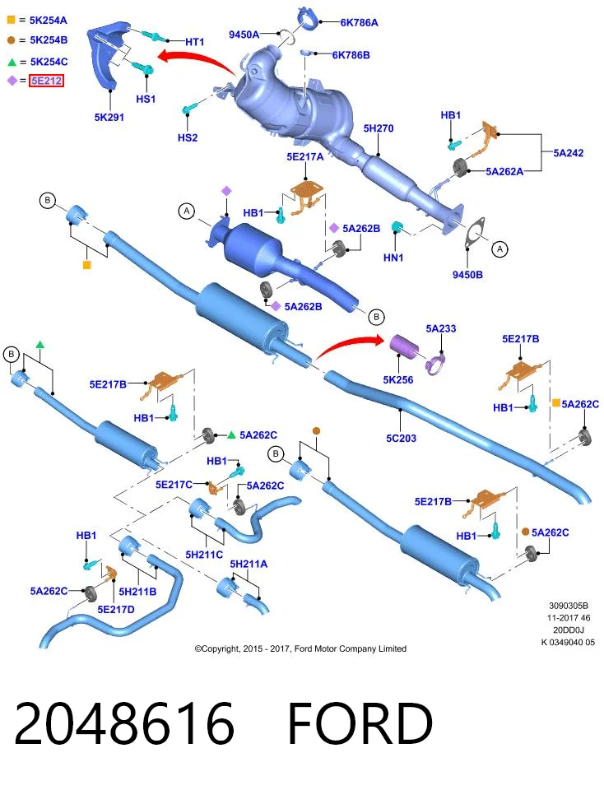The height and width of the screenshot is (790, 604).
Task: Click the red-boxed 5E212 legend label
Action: point(46,81)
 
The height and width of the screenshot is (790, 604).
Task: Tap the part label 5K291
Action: point(109,118)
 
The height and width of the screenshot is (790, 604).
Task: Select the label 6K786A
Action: point(359,23)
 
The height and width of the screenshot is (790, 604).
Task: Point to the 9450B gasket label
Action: point(467,275)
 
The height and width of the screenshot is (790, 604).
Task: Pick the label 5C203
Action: point(401,439)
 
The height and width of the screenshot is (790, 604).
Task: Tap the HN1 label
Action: point(393,258)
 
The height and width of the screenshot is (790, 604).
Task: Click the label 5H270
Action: point(379,128)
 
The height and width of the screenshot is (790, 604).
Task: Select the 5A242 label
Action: point(569,153)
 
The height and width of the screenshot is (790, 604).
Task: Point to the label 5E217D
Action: point(116,609)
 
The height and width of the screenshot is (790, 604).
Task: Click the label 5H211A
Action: point(249,564)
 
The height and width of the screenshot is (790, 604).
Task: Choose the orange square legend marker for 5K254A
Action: point(11,20)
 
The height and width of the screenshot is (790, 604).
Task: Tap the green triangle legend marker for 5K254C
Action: point(12,62)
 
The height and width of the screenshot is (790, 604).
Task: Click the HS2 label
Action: point(188,137)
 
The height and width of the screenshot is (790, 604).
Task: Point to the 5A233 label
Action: point(441,328)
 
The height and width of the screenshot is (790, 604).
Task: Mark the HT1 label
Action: point(194,42)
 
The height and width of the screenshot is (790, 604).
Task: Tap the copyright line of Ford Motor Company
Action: point(300,649)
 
